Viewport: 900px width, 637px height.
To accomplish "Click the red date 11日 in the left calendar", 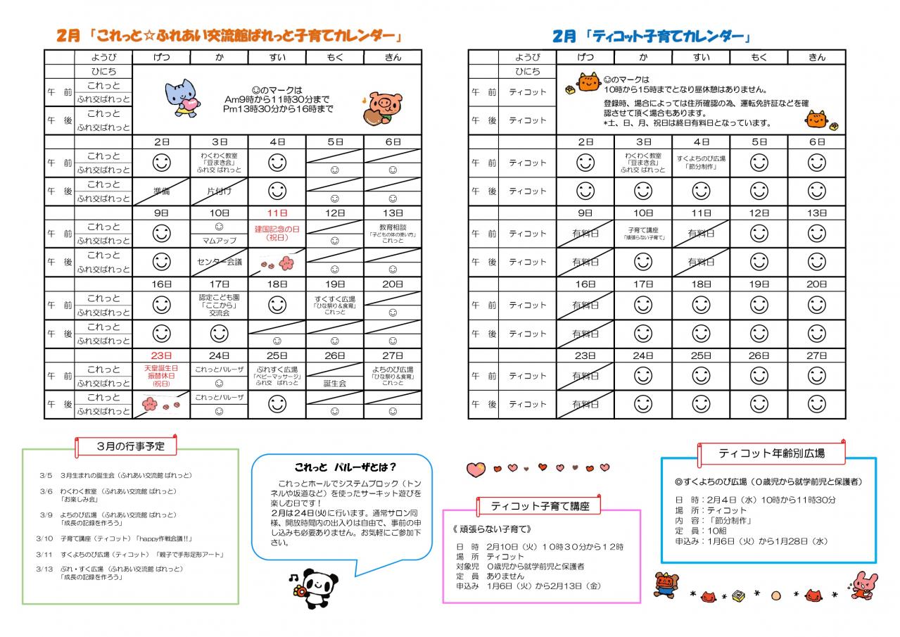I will tap(277, 213).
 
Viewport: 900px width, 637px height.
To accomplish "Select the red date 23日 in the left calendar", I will tap(161, 355).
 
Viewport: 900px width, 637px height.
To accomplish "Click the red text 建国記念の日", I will tap(277, 229).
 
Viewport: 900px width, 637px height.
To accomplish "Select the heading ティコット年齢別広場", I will tap(771, 454).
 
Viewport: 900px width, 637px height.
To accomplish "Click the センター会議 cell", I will tap(220, 262).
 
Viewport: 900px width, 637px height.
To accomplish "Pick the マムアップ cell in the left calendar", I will tap(220, 241).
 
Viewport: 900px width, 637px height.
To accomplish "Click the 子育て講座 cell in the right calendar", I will tap(642, 233).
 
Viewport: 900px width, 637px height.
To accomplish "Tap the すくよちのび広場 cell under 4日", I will tap(701, 163).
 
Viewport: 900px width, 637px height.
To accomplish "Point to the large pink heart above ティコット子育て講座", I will tap(476, 468).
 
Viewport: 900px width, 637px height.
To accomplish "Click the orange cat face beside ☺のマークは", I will tap(588, 81).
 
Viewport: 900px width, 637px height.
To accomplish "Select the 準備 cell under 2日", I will tap(161, 191).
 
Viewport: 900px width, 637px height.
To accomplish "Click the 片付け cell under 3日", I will tap(220, 191).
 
